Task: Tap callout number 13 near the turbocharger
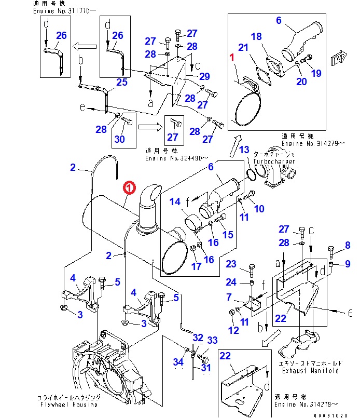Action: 244,151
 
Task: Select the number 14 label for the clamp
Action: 176,201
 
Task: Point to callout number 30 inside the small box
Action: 119,139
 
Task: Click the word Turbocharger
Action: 274,161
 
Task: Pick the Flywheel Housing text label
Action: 67,404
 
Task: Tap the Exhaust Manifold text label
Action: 310,371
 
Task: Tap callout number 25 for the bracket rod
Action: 121,82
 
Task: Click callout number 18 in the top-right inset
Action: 256,36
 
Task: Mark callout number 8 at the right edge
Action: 347,246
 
